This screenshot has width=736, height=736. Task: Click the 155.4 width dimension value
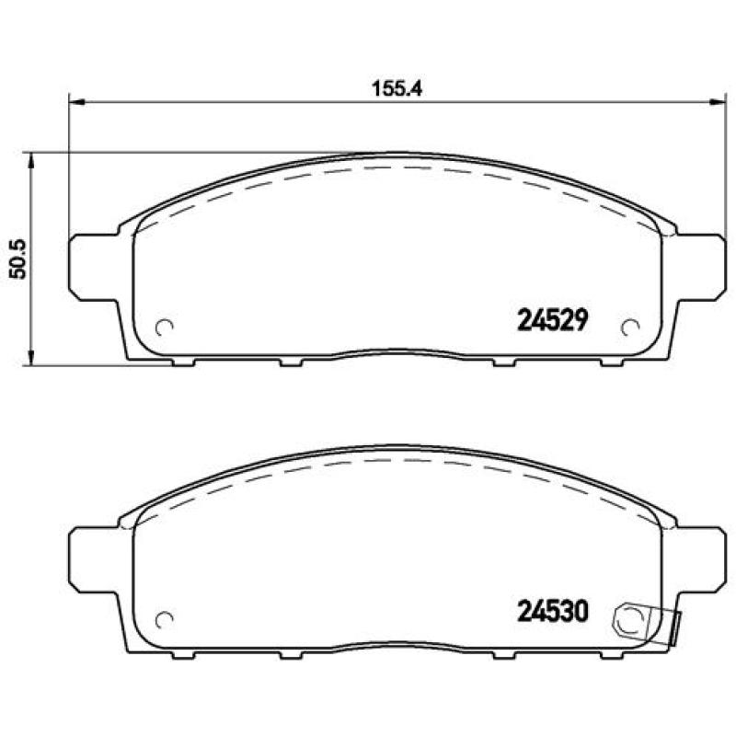(397, 88)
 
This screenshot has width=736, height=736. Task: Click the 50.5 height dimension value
(18, 259)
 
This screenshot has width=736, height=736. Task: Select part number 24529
(553, 320)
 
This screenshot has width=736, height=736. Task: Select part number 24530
(553, 612)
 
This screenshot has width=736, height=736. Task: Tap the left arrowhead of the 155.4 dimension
(77, 101)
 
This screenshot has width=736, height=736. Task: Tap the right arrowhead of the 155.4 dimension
(719, 101)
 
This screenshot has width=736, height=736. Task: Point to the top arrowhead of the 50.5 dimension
(31, 160)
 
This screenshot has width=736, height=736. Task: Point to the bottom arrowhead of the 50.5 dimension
(31, 357)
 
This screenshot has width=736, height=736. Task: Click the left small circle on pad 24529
(165, 328)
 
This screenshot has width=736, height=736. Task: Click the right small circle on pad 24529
(630, 328)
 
